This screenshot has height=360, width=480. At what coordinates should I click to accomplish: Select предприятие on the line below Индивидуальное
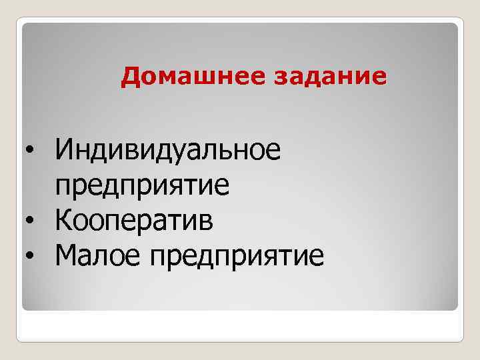pyautogui.click(x=143, y=184)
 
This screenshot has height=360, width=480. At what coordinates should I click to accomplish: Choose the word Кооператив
pyautogui.click(x=135, y=219)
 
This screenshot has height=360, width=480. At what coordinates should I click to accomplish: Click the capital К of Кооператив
pyautogui.click(x=64, y=219)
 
